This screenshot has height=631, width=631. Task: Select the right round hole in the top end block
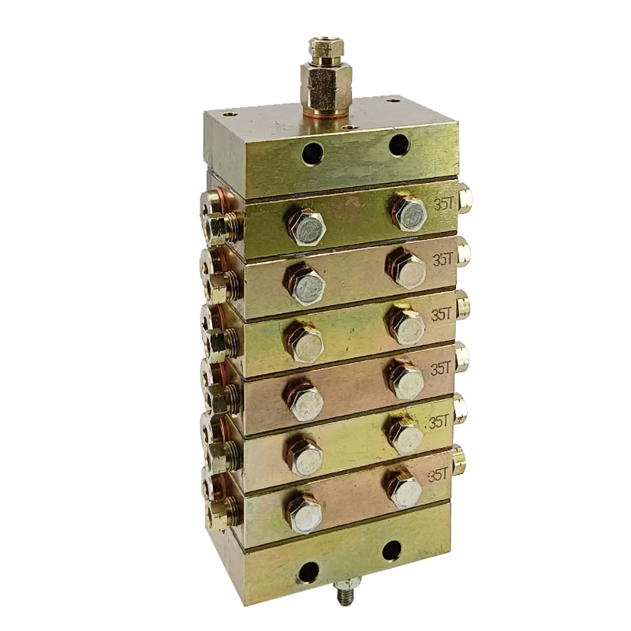click(399, 144)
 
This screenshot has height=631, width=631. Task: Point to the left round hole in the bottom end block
click(308, 572)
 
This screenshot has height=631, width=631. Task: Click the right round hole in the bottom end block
click(392, 551)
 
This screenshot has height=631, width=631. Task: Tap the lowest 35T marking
click(437, 475)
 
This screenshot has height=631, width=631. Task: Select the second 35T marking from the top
click(442, 259)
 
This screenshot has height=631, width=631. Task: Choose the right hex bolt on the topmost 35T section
click(409, 211)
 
